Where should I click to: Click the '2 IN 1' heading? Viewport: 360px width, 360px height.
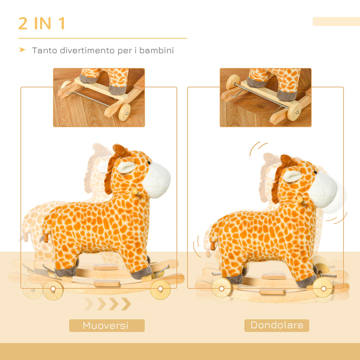point(42,23)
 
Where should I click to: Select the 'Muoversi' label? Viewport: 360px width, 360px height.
point(107,325)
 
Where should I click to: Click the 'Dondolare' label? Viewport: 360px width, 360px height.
point(277,325)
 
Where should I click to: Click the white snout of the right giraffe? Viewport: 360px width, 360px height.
point(323,189)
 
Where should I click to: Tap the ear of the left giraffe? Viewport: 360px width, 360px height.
point(126,167)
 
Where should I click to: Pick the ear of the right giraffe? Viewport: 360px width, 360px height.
point(292,176)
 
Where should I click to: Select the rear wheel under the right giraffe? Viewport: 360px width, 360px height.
point(221,288)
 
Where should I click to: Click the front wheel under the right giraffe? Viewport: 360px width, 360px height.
point(323,287)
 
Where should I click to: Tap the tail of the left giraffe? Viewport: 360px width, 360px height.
point(44,238)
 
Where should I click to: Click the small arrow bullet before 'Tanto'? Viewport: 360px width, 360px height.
point(22,50)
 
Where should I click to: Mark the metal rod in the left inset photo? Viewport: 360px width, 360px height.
point(90,98)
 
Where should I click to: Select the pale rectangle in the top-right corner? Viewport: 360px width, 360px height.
point(336,22)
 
